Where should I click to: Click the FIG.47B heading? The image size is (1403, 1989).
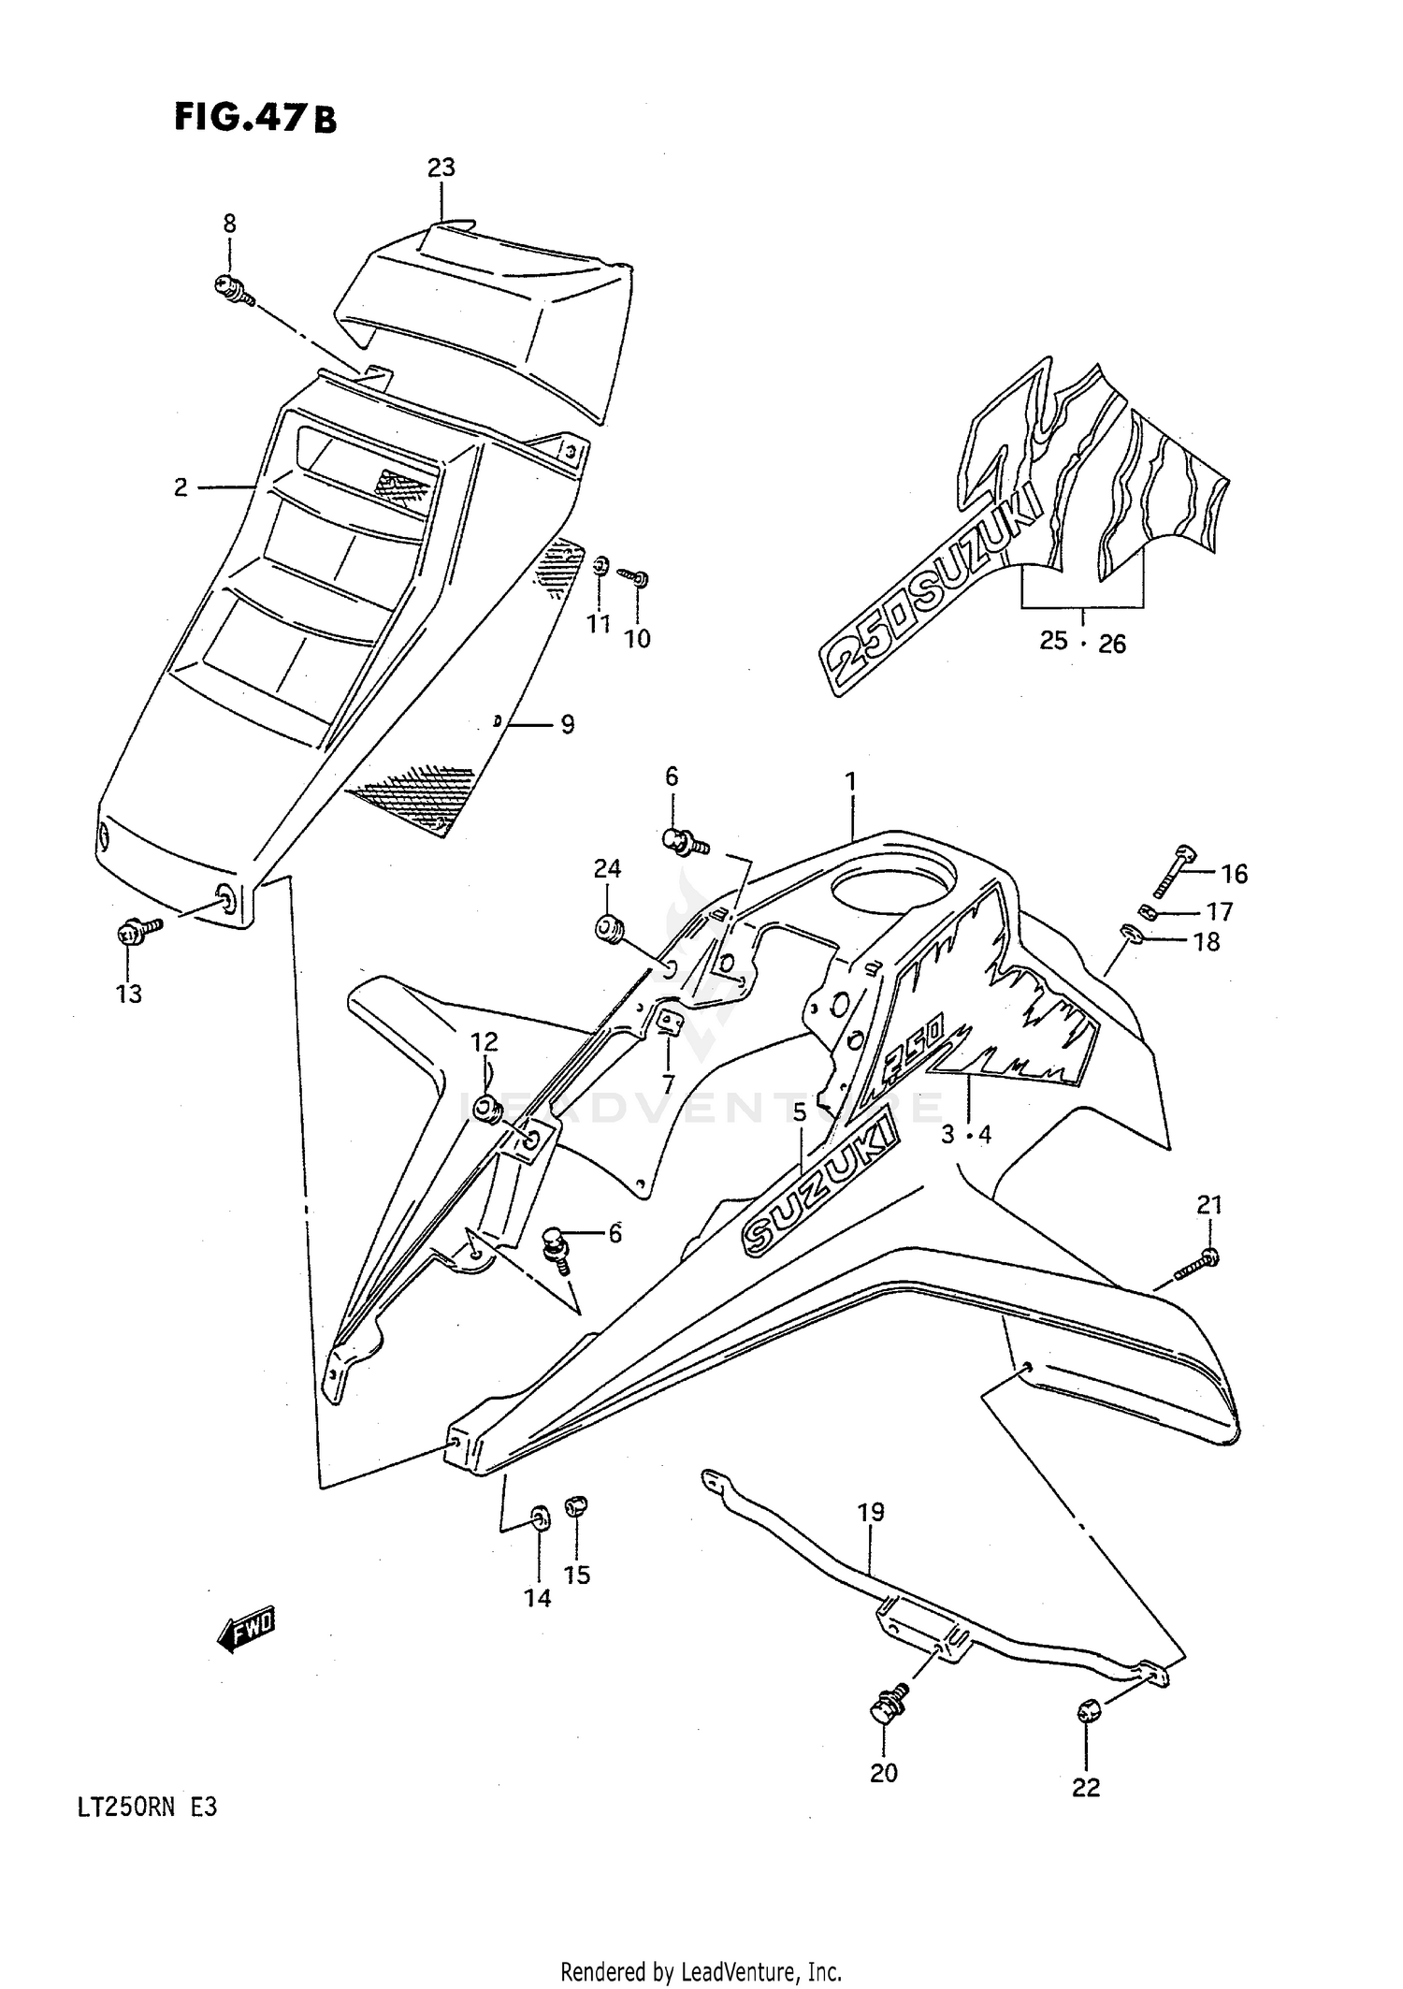coord(254,118)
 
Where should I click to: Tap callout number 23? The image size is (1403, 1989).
coord(441,168)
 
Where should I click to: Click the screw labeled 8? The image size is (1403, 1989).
coord(234,289)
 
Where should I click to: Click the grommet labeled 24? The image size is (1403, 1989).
coord(608,930)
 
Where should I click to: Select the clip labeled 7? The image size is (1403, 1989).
coord(668,1023)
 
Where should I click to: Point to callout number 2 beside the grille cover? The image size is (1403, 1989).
coord(181,487)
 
